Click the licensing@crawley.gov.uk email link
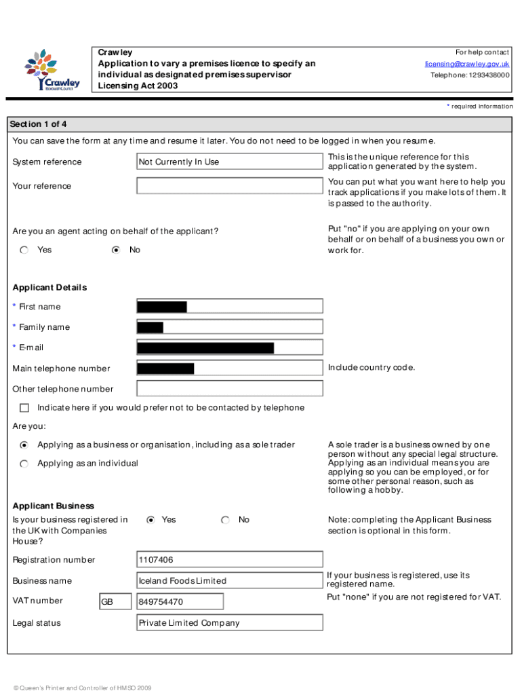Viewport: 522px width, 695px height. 467,64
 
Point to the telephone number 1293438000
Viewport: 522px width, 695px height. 470,75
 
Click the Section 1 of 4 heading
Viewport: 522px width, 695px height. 38,124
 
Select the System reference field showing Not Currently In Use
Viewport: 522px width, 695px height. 230,162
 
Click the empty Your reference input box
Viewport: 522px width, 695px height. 230,186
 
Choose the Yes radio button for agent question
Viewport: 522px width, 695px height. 24,250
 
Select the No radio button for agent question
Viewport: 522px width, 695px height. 116,250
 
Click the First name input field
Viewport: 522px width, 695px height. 230,307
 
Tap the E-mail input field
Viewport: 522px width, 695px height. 230,348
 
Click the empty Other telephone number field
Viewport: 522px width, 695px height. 230,389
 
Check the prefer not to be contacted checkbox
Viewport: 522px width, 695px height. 25,408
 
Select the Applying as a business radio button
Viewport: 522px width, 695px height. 24,445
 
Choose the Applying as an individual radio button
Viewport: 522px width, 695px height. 24,464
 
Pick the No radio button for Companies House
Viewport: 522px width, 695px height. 225,520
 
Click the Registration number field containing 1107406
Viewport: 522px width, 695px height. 230,560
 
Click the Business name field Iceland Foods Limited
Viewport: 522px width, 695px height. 230,581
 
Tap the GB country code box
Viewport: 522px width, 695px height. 115,602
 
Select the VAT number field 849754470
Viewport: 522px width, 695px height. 180,602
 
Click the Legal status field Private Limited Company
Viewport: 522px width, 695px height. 230,623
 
